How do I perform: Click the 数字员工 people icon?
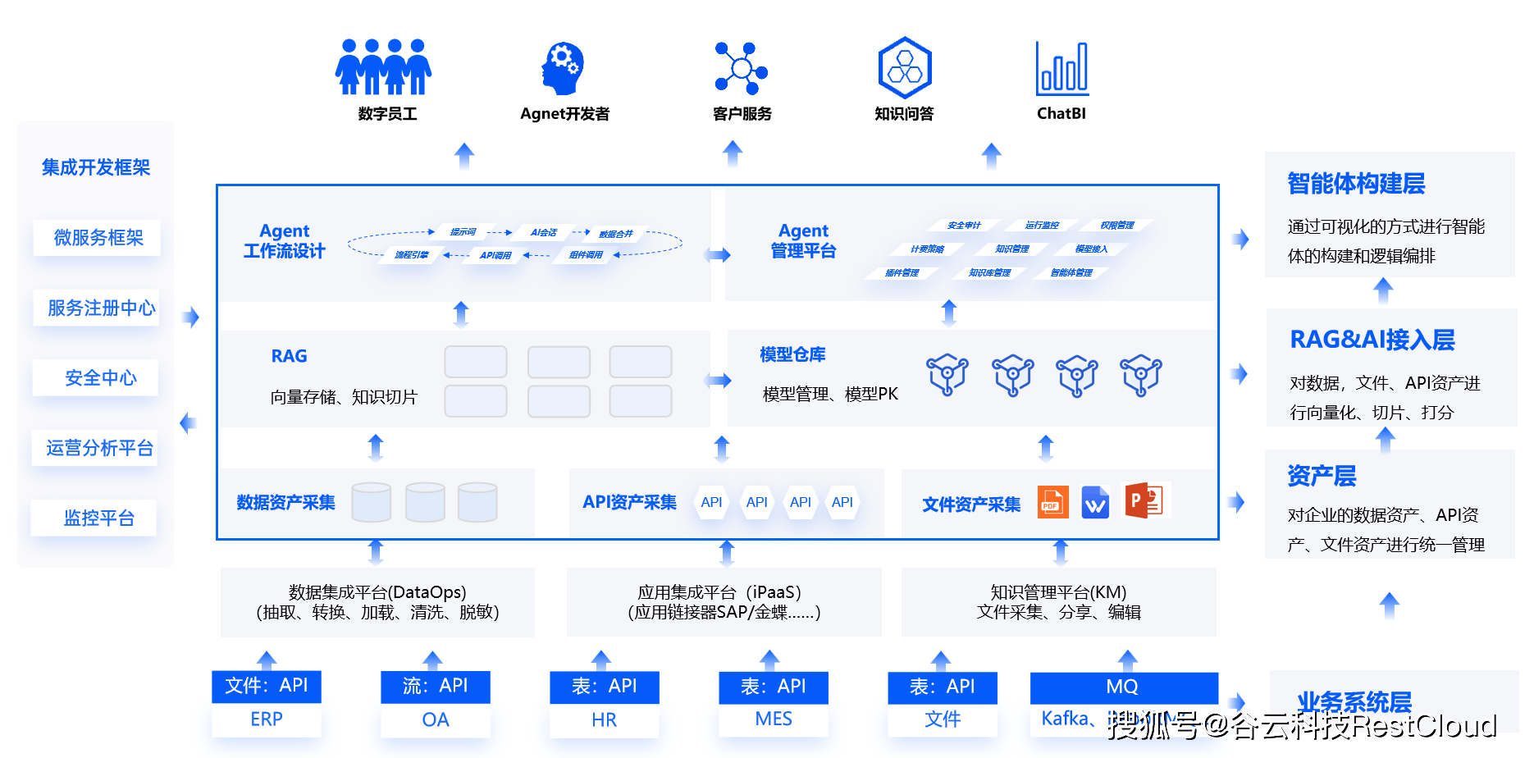click(383, 67)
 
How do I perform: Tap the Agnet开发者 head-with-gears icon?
click(563, 68)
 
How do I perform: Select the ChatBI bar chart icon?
click(1061, 68)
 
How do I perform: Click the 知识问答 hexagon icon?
click(904, 67)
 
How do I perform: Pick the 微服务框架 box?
click(98, 238)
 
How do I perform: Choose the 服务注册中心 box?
click(99, 308)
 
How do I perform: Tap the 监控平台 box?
click(98, 518)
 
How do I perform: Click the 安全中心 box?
click(99, 377)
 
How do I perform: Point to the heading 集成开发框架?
click(96, 167)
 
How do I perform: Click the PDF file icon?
click(1052, 502)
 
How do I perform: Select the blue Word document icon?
click(1095, 503)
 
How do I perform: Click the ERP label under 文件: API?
click(267, 719)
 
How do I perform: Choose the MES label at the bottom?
click(773, 719)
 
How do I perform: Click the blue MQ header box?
click(1123, 687)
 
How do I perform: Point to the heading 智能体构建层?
click(1356, 184)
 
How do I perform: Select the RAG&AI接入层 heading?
click(1372, 340)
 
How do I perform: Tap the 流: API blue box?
click(435, 686)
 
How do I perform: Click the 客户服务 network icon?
click(741, 68)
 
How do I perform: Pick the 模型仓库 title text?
click(792, 354)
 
